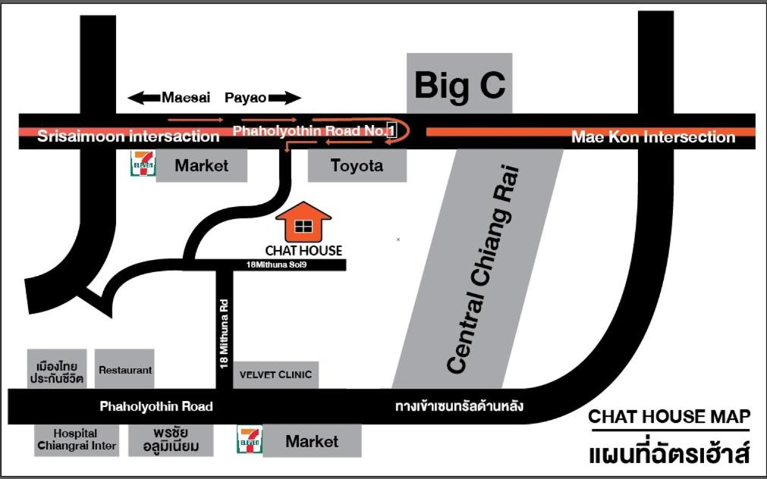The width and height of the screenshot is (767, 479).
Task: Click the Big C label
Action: (459, 85)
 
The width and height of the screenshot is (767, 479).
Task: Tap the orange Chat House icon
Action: (303, 222)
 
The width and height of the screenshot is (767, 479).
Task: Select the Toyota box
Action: (357, 165)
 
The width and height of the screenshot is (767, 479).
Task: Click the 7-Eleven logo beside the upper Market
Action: (143, 164)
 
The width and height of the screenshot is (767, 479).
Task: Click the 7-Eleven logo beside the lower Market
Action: (249, 440)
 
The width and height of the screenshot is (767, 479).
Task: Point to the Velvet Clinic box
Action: (275, 374)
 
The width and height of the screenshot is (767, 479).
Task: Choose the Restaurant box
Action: (125, 370)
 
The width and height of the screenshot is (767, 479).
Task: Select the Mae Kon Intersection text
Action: (652, 137)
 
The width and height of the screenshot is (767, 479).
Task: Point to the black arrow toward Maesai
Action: (143, 97)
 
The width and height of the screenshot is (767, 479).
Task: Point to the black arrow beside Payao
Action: (284, 97)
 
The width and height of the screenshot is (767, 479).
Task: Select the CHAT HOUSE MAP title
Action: (669, 416)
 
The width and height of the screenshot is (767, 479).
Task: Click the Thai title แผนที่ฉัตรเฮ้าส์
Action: (669, 454)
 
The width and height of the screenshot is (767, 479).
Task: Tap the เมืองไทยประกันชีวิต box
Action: (57, 369)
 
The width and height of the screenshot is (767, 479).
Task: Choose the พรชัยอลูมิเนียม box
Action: (171, 440)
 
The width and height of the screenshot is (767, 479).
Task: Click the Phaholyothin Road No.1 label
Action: (315, 131)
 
